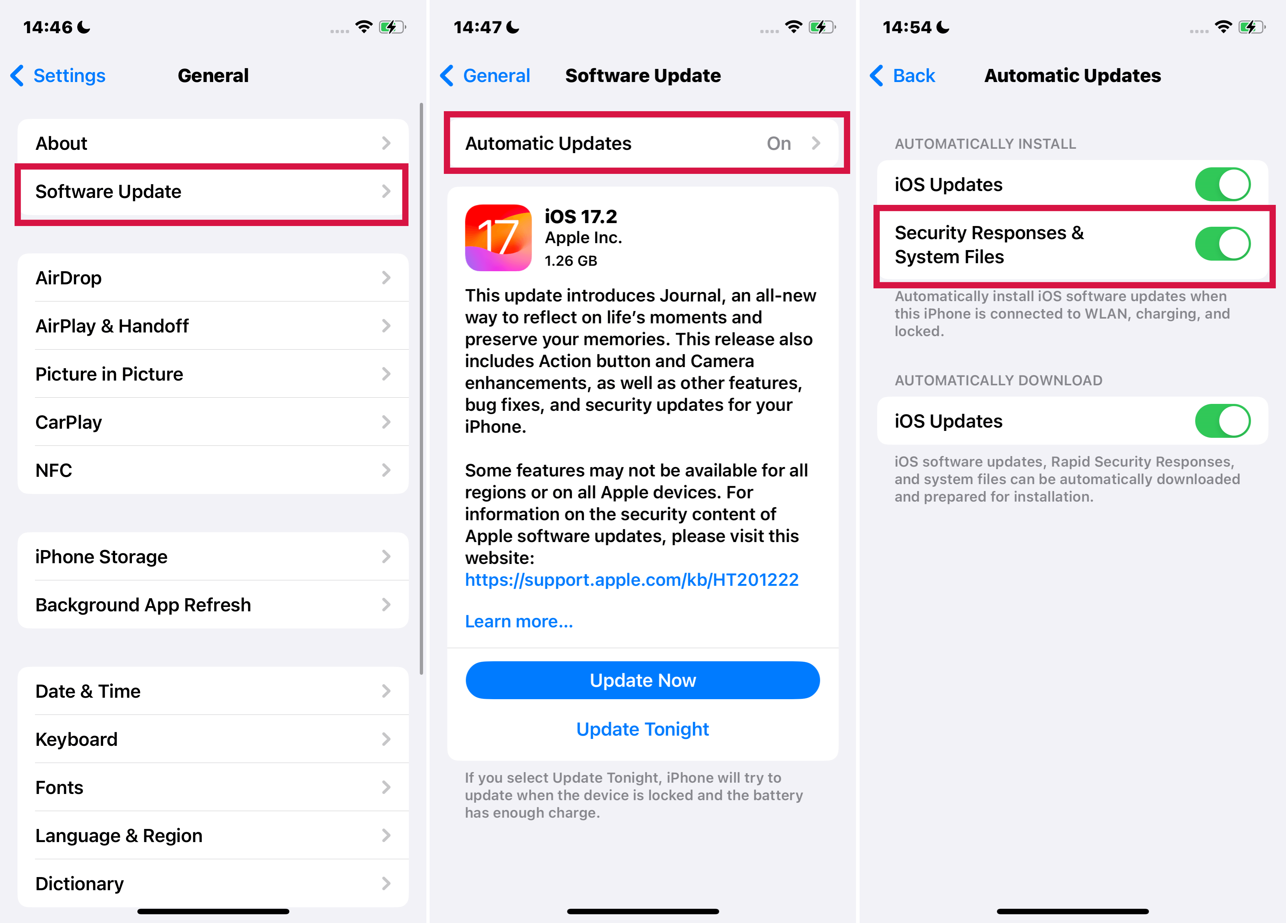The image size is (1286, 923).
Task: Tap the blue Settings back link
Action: tap(58, 75)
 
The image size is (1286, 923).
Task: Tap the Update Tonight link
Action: tap(642, 729)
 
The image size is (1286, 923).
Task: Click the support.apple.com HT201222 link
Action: tap(632, 580)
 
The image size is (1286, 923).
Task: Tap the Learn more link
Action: tap(519, 622)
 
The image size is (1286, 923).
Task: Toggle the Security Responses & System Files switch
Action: tap(1223, 244)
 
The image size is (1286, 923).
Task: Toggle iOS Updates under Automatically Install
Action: tap(1223, 184)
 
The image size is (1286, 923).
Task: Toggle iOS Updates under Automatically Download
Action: tap(1223, 421)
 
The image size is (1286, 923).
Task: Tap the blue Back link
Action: tap(903, 75)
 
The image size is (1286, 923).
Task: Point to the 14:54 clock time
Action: tap(907, 27)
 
